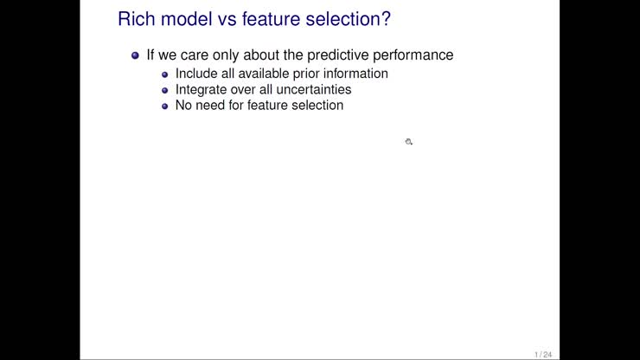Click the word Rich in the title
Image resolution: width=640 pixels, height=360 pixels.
(135, 18)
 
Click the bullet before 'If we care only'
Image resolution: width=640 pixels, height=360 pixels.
(135, 55)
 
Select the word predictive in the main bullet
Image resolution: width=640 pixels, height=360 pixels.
(341, 55)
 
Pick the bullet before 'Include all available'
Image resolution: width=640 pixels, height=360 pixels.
(166, 74)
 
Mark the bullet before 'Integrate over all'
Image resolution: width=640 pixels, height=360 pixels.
(166, 90)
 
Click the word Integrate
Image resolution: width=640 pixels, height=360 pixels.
(201, 89)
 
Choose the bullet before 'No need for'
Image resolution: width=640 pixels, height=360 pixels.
(166, 106)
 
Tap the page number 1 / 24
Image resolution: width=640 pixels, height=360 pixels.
(543, 354)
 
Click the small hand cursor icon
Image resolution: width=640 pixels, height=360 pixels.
(408, 141)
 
